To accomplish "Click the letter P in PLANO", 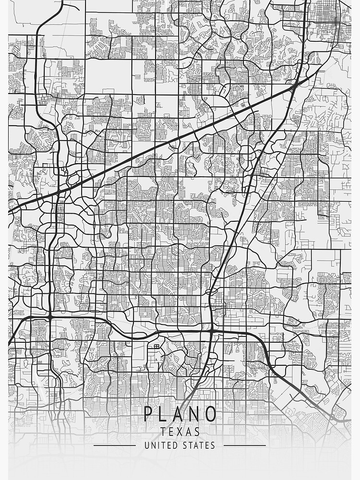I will pyautogui.click(x=149, y=414).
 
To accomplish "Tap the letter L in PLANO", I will pyautogui.click(x=166, y=414).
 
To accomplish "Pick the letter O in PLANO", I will pyautogui.click(x=211, y=414).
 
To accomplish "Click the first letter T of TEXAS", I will pyautogui.click(x=164, y=432).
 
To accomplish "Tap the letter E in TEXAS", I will pyautogui.click(x=172, y=432).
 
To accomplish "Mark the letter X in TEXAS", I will pyautogui.click(x=180, y=432).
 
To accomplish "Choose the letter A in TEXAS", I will pyautogui.click(x=188, y=432).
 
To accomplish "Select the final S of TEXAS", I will pyautogui.click(x=197, y=432).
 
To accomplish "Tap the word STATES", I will pyautogui.click(x=199, y=445).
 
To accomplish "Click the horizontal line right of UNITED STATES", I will pyautogui.click(x=245, y=445).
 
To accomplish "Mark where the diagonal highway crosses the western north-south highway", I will pyautogui.click(x=58, y=192).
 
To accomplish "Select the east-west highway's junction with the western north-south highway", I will pyautogui.click(x=49, y=317).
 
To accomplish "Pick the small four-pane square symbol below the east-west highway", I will pyautogui.click(x=156, y=346).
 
